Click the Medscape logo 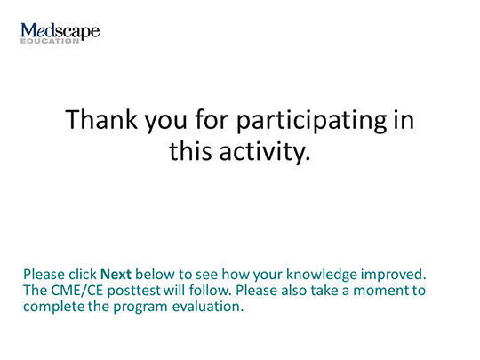[x=60, y=33]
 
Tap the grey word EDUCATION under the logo [x=50, y=41]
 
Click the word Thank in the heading [x=101, y=120]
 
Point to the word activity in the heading [x=265, y=152]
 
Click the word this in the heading [x=190, y=151]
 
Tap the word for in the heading [x=212, y=120]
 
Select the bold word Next [x=116, y=275]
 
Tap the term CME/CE [x=76, y=291]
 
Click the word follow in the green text [x=210, y=290]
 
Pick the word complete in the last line [x=54, y=307]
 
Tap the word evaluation [x=207, y=307]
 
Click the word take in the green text [x=324, y=290]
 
